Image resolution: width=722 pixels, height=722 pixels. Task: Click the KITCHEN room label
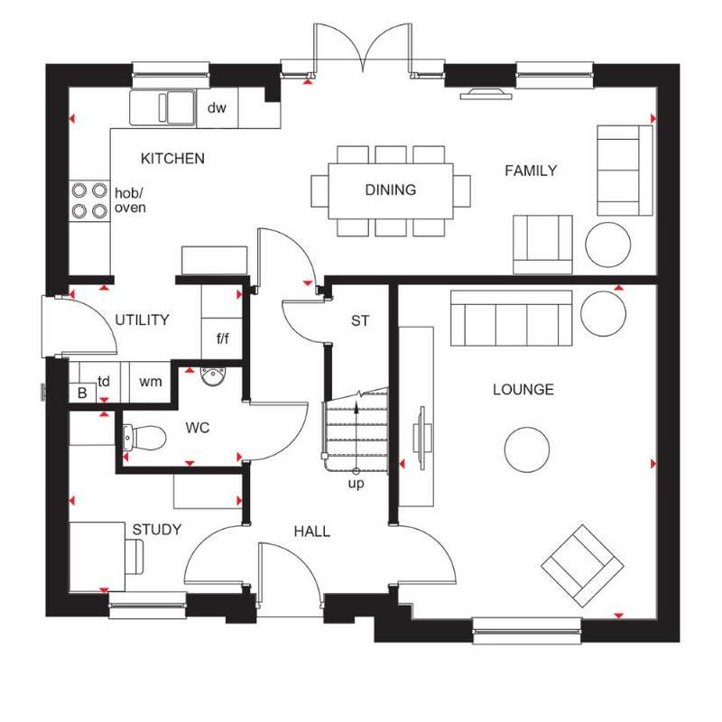click(x=172, y=159)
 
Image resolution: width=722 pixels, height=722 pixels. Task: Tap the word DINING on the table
click(x=391, y=190)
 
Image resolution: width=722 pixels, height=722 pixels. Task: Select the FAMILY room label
click(x=531, y=171)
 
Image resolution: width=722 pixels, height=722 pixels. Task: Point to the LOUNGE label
click(x=523, y=390)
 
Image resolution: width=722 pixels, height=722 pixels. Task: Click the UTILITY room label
click(x=143, y=319)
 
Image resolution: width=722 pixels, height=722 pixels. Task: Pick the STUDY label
click(x=157, y=530)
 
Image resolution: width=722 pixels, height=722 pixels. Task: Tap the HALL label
click(x=312, y=532)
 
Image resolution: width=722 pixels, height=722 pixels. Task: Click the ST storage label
click(x=360, y=320)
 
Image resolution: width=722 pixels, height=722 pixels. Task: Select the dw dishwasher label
click(x=217, y=107)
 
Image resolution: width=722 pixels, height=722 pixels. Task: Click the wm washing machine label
click(x=151, y=382)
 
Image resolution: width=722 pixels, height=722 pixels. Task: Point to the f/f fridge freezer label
click(x=223, y=339)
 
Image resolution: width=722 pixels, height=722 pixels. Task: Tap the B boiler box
click(x=82, y=393)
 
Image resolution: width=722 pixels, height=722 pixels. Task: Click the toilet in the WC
click(x=144, y=438)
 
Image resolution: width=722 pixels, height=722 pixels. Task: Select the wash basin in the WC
click(x=213, y=376)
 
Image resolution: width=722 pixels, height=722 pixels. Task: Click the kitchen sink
click(x=162, y=107)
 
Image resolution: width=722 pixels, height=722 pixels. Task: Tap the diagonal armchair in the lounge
click(x=582, y=566)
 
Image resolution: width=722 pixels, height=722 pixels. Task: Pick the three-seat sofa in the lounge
click(x=511, y=318)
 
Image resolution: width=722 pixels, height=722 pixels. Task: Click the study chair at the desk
click(x=134, y=557)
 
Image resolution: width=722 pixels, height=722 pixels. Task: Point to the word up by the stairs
click(x=356, y=484)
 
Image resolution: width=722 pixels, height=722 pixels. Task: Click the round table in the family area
click(x=607, y=245)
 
